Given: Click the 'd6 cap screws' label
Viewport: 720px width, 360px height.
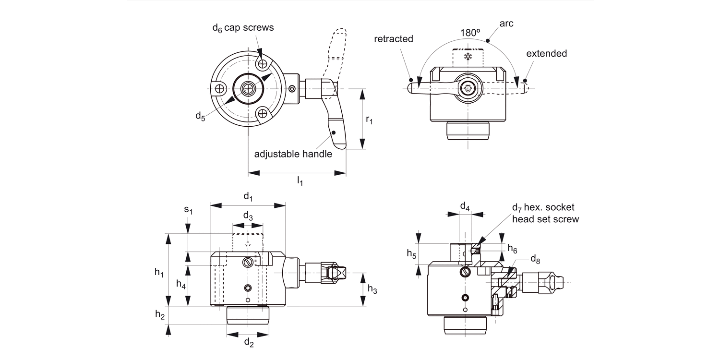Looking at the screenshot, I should point(243,28).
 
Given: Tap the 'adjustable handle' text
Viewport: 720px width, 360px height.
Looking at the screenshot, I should point(293,154).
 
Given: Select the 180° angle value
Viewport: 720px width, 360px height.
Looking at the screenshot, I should point(470,33).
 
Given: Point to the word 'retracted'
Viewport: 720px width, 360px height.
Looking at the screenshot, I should point(394,39).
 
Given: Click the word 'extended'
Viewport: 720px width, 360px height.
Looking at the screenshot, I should point(546,53).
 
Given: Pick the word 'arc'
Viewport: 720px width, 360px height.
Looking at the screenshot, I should point(506,23).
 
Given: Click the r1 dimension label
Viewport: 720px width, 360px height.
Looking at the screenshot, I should point(369,120).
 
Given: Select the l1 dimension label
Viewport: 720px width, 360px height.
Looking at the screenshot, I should point(300,180).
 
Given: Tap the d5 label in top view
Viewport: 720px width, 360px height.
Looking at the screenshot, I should point(200,116).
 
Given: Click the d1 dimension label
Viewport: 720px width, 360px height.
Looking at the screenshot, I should point(248,196).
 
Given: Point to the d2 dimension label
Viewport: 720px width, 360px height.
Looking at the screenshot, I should point(248,342).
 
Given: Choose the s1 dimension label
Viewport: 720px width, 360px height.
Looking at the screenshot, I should point(188,210).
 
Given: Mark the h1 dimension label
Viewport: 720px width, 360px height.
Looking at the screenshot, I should point(159,273).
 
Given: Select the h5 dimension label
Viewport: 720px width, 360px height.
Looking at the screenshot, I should point(411,253).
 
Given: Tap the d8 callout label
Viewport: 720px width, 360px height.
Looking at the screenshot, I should point(535,260).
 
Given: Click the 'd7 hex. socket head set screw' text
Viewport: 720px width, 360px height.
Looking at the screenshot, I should point(545,213).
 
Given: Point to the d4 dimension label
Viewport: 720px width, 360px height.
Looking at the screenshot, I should point(465,206).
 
